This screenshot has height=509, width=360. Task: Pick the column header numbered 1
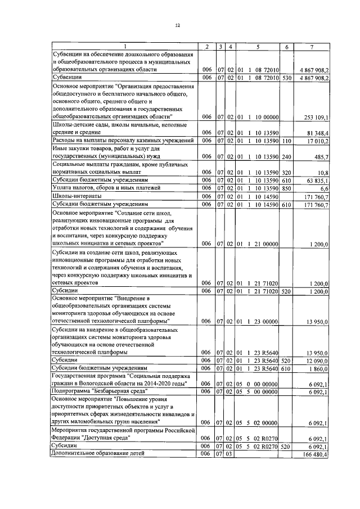[x=125, y=46]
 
